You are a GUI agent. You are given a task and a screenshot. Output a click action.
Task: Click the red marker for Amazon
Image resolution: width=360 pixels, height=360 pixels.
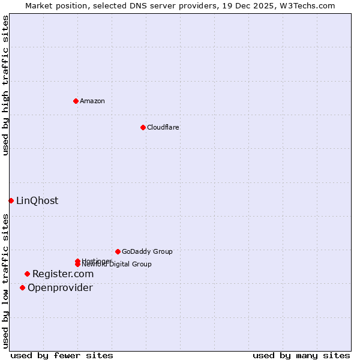click(76, 101)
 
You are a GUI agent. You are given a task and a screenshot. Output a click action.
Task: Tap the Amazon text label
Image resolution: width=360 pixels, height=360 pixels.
click(92, 101)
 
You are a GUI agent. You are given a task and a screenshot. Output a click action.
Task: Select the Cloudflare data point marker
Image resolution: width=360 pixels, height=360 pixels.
click(143, 127)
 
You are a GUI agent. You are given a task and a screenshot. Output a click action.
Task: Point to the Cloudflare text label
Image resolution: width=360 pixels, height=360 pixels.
click(163, 127)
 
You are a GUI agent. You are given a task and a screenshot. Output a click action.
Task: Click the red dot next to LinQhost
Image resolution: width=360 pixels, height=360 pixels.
click(11, 200)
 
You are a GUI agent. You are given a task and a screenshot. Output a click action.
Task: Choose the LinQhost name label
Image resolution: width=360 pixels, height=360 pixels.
click(37, 201)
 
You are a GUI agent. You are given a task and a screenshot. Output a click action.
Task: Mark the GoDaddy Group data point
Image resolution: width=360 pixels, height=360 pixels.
click(118, 251)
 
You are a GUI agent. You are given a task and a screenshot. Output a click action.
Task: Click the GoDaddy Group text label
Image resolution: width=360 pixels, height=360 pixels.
click(147, 251)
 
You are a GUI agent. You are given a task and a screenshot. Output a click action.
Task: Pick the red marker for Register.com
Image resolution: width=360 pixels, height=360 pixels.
click(27, 274)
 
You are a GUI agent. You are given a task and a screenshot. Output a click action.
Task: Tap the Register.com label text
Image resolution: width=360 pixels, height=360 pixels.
click(63, 274)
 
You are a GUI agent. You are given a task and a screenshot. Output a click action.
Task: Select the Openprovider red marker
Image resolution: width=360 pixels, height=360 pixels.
click(23, 287)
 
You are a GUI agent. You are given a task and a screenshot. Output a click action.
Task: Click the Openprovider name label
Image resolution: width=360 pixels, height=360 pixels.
click(60, 288)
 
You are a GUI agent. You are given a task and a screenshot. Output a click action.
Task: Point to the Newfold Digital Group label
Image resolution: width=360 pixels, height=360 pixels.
click(118, 265)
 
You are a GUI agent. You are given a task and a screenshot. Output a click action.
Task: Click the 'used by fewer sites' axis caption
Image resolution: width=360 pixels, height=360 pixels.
click(62, 356)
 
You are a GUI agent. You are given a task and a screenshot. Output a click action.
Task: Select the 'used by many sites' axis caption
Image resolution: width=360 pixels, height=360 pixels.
click(301, 356)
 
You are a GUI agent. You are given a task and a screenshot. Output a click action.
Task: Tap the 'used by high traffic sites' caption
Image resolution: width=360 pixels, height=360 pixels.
click(5, 85)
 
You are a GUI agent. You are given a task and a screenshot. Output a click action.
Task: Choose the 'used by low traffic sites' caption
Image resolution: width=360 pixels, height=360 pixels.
click(5, 281)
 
